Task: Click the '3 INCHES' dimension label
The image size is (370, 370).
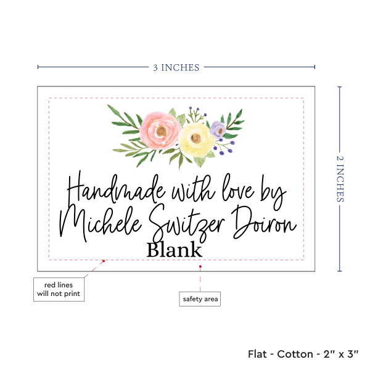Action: coord(176,67)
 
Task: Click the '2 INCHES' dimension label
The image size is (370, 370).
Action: coord(341,178)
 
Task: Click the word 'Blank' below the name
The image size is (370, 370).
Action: coord(175,250)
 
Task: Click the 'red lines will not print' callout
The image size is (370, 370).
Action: coord(58,289)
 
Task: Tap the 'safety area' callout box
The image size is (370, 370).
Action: coord(200,300)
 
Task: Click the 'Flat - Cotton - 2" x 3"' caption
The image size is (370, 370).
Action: coord(305,354)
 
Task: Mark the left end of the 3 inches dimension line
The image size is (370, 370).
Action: coord(38,67)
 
